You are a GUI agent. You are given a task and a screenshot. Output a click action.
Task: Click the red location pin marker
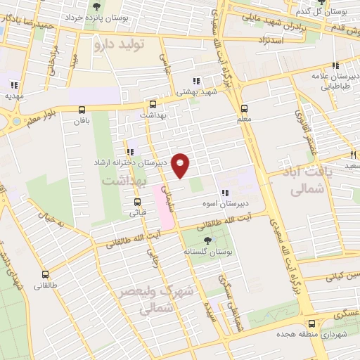181,165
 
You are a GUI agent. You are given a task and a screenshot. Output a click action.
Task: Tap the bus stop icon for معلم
244,108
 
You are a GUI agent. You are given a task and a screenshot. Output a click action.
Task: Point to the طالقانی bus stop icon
46,275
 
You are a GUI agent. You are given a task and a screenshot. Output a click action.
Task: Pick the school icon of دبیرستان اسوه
226,193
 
